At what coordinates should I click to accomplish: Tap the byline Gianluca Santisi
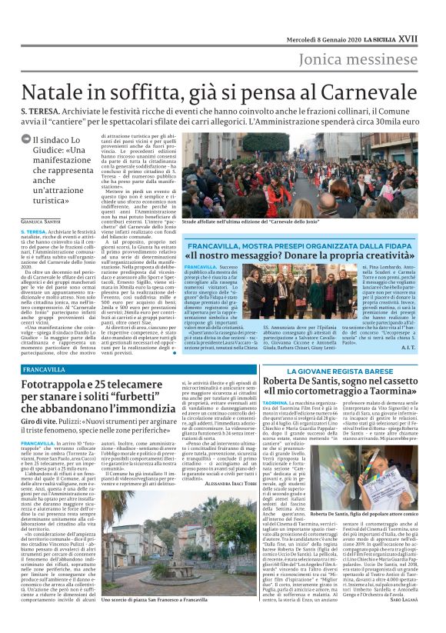pyautogui.click(x=42, y=222)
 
